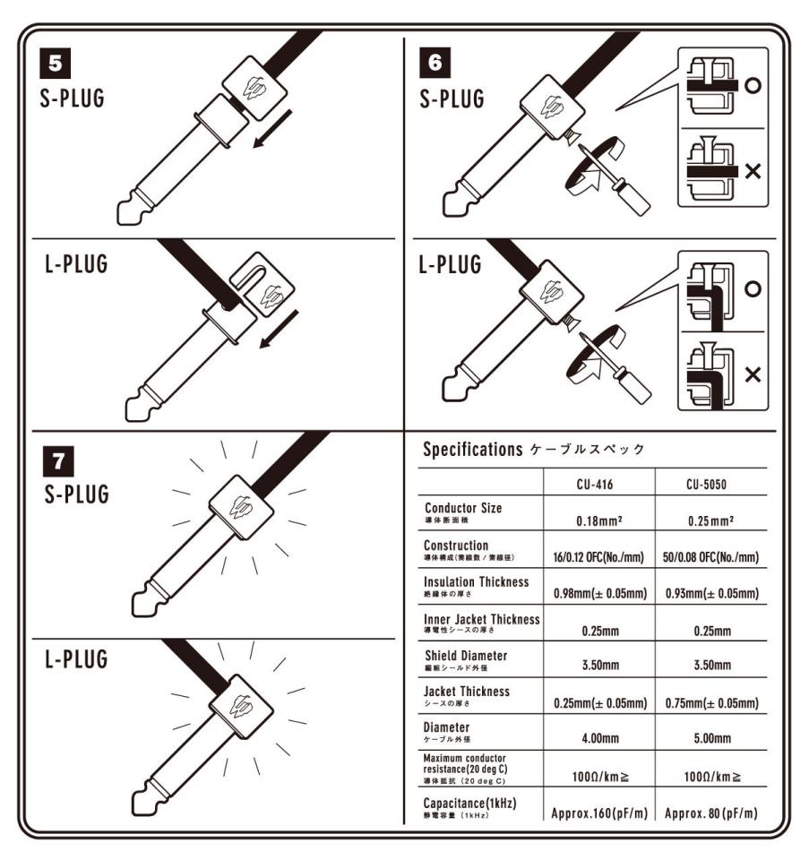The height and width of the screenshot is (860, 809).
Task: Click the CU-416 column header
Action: click(x=600, y=484)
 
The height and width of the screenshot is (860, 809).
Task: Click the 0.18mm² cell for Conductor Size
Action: click(x=600, y=517)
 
